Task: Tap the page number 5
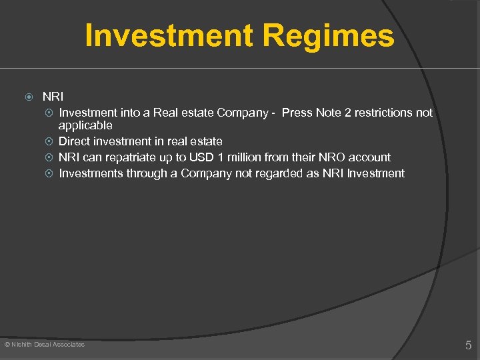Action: point(468,345)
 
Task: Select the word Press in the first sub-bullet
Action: point(297,113)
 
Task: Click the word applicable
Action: point(85,125)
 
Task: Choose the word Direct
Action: point(75,141)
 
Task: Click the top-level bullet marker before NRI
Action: point(29,97)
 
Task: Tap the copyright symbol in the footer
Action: point(7,344)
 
